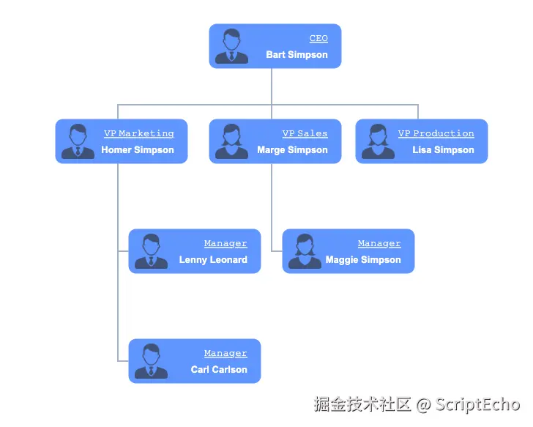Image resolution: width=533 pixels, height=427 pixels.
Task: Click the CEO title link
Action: coord(318,39)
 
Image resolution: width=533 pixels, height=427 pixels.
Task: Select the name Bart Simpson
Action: coord(297,55)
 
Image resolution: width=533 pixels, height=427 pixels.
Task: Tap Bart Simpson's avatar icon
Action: coord(231,46)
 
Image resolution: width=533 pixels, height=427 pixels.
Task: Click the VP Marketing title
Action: coord(139,134)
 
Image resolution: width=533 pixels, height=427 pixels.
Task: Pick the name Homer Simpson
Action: coord(138,150)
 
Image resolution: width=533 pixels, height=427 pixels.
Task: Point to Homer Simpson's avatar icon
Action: coord(77,141)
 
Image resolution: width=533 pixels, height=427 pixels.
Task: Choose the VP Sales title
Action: coord(305,134)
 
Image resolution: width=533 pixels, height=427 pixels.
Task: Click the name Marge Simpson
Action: coord(292,150)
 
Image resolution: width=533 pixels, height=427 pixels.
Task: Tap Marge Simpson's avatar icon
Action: coord(231,141)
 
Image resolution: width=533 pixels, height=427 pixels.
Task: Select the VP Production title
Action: coord(436,134)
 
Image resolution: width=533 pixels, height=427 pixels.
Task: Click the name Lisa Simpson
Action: coord(443,150)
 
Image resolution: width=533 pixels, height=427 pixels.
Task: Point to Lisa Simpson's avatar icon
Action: coord(377,141)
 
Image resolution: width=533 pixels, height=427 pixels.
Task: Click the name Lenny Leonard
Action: coord(213,260)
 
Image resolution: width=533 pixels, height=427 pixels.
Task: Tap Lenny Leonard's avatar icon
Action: coord(151,251)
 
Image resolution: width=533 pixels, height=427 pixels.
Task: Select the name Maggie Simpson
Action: coord(363,260)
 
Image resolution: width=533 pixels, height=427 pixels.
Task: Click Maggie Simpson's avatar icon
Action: coord(304,251)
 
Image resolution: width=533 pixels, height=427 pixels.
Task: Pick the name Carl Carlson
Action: coord(219,370)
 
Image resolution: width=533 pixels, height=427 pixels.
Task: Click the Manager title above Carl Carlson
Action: coord(225,354)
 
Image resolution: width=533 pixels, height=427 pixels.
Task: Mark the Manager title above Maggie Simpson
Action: coord(379,244)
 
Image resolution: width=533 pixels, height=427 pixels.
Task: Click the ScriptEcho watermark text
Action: coord(477,404)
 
